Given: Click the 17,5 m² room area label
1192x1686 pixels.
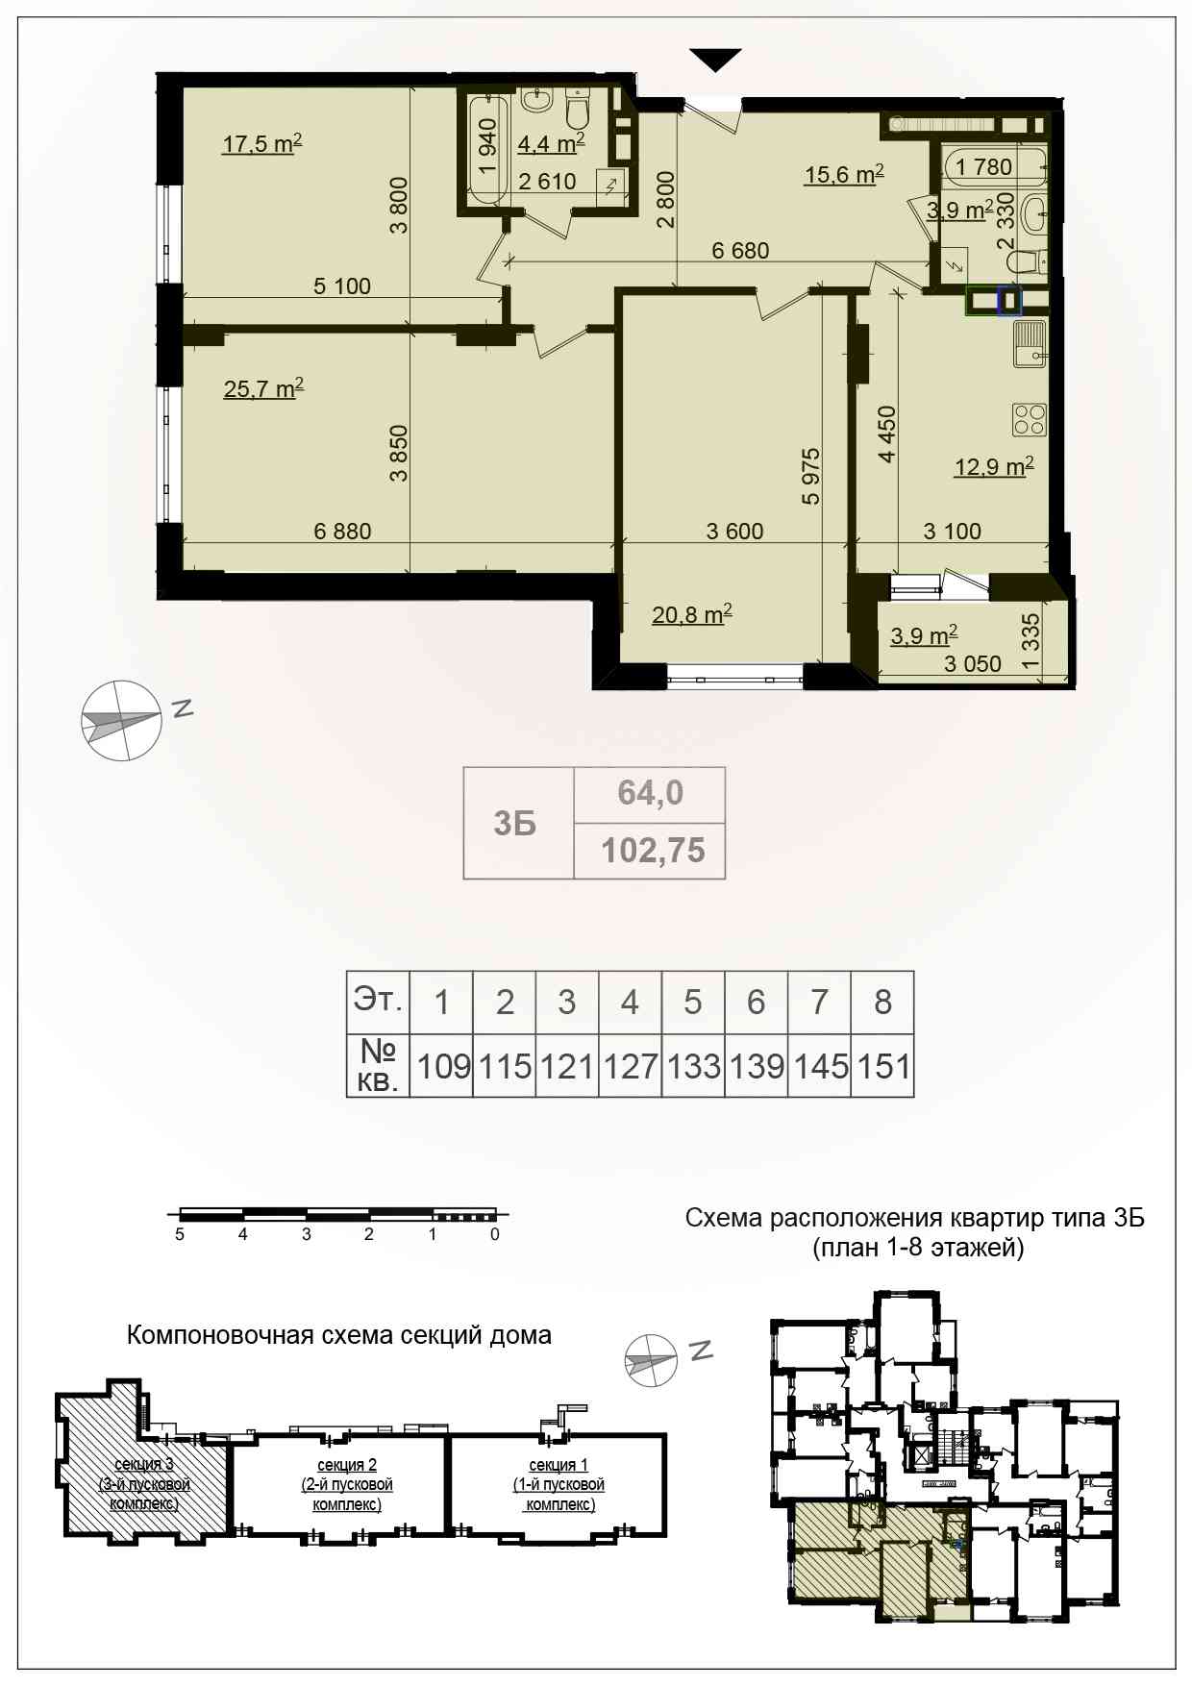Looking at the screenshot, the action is pos(262,144).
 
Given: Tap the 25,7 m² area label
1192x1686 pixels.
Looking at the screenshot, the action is pos(263,389).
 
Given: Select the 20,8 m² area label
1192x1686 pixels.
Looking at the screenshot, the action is pos(692,614).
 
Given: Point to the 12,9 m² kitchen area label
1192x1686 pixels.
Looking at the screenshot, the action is pos(994,467).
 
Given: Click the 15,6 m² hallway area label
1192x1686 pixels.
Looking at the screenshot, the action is pos(844,175).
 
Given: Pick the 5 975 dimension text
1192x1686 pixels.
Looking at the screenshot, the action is pos(811,476).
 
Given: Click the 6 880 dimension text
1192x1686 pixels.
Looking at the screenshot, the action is pos(342,531).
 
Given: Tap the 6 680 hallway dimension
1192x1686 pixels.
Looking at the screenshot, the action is pos(740,251).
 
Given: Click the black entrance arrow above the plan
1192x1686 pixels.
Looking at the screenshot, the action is pos(716,59).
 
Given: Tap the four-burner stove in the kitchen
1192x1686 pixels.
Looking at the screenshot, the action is pos(1029,419).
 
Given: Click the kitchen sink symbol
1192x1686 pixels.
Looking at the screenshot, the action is pos(1030,344).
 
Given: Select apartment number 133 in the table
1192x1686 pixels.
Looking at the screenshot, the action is pos(694,1066).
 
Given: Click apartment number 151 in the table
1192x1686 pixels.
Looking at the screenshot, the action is pos(883,1066).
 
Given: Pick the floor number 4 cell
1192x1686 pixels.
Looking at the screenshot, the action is pos(630,1003).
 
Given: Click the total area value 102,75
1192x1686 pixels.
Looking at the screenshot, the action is pos(653,851).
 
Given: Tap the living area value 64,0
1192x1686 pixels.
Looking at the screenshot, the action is pos(650,792).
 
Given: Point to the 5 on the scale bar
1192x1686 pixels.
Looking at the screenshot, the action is pos(180,1234).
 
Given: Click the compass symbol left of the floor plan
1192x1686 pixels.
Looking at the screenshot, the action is pos(120,720).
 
